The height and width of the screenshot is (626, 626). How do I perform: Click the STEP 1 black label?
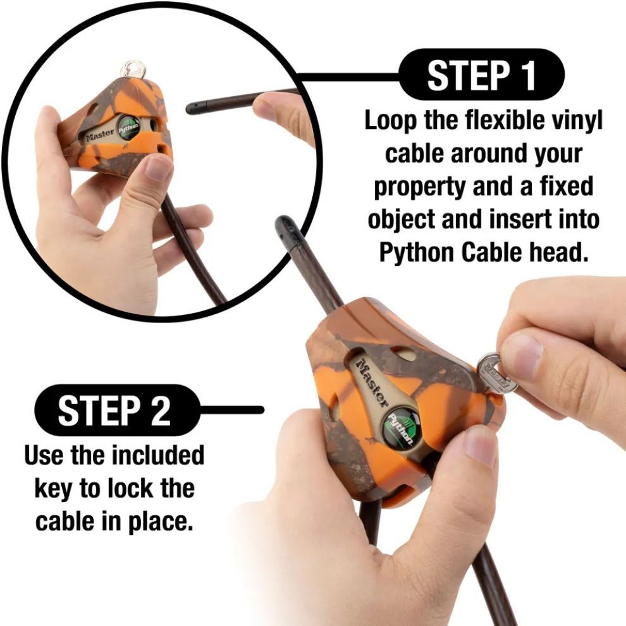(x=481, y=75)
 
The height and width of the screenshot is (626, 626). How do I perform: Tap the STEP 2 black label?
(x=116, y=410)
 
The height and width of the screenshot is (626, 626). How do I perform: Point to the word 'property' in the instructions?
(x=420, y=187)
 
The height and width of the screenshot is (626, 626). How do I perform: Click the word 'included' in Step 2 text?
(x=157, y=455)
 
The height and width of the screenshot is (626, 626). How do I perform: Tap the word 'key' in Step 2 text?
(x=54, y=489)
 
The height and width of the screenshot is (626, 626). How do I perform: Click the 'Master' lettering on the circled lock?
(x=101, y=135)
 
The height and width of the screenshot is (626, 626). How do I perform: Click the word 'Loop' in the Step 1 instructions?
(x=391, y=121)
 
